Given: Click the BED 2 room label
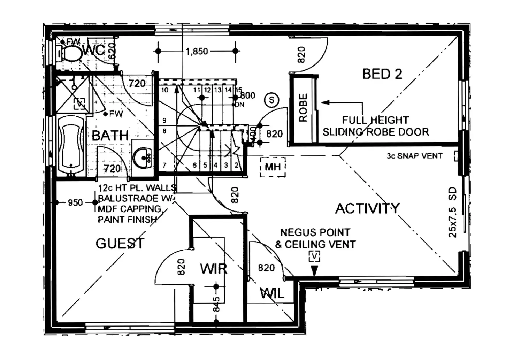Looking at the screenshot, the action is click(382, 74).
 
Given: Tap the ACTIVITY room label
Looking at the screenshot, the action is click(367, 208).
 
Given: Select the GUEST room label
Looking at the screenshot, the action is click(120, 243).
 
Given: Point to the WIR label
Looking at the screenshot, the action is click(214, 269).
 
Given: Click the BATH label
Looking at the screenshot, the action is click(110, 135).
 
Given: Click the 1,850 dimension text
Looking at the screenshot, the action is click(197, 52).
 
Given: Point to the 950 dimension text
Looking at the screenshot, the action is click(75, 202).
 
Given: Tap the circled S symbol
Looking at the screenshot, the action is click(271, 100).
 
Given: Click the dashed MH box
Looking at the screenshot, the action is click(273, 167).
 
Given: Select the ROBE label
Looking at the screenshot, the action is click(303, 108).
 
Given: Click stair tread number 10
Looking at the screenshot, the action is click(165, 90).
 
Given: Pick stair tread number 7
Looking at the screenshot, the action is click(164, 165).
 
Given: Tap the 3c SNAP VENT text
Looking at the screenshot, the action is click(414, 156).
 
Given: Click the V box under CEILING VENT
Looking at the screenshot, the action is click(314, 256).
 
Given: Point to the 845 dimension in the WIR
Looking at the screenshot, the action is click(216, 304).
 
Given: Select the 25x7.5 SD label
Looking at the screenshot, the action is click(452, 212).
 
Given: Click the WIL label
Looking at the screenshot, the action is click(272, 293).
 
